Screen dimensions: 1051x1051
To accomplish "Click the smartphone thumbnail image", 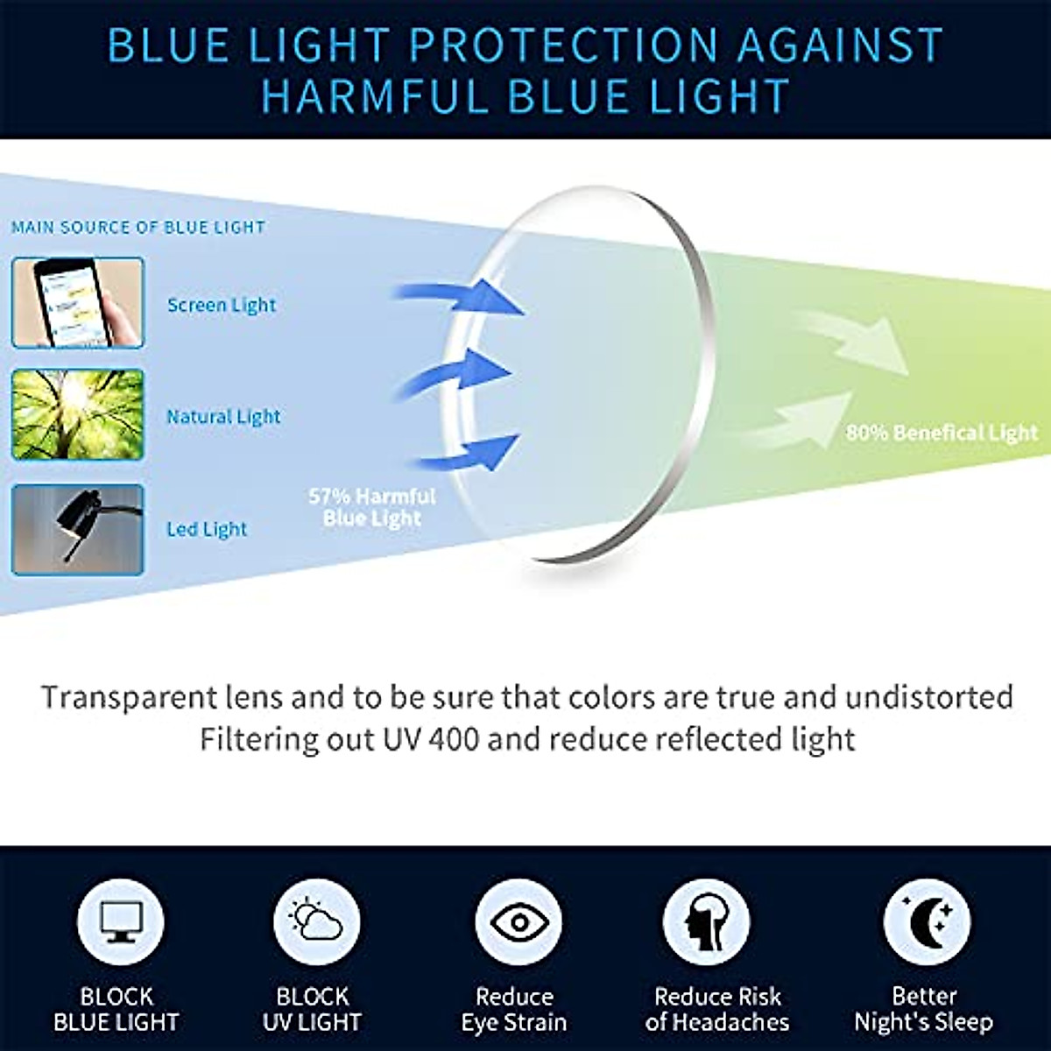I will tap(78, 303).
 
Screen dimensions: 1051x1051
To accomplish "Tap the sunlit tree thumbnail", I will tap(78, 415).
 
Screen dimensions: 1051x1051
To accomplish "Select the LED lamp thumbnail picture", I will tap(78, 529).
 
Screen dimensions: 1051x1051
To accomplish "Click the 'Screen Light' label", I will tap(222, 305).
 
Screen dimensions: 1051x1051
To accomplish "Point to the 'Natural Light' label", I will tap(223, 417).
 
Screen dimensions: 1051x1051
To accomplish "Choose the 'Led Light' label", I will tap(207, 529).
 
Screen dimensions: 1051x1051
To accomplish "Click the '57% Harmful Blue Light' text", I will tap(372, 507).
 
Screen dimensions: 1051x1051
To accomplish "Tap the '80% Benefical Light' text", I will tap(942, 433).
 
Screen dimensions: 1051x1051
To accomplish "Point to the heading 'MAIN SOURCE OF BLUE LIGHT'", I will tap(138, 228).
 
